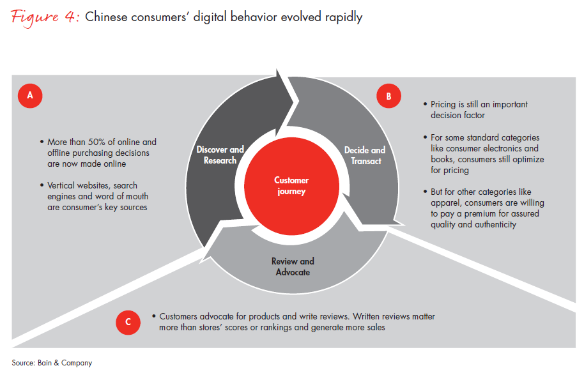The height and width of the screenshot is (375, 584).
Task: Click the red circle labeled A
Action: coord(30,96)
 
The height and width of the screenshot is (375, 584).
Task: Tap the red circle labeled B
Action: coord(388,96)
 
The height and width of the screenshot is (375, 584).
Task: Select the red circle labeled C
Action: coord(128,322)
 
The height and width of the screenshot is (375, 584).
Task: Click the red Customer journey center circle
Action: coord(291,186)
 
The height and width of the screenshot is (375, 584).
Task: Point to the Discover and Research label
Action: coord(220,155)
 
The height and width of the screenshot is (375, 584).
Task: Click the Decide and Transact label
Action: coord(365,155)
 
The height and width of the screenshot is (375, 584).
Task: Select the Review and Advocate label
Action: coord(293,266)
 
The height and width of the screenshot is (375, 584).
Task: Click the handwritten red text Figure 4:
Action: coord(45,17)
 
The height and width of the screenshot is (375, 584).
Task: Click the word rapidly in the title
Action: coord(344,17)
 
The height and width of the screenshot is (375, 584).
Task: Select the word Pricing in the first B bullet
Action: coord(443,105)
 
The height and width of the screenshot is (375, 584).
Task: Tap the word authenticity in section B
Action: coord(495,225)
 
